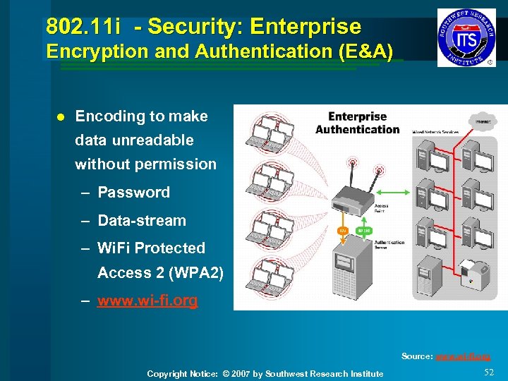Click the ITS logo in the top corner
pos(466,37)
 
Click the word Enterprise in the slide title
pos(306,27)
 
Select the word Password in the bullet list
pos(133,193)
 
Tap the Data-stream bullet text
pos(141,221)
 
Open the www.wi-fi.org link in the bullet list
pos(147,301)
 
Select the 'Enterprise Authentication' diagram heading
pos(357,123)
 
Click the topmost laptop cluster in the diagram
pos(269,134)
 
